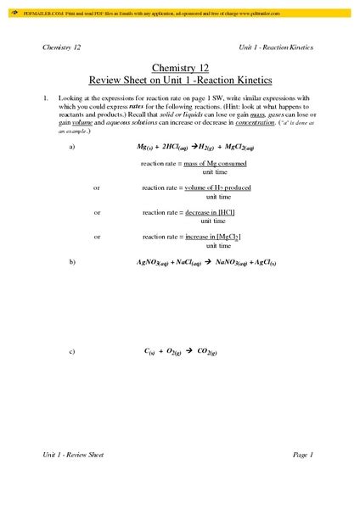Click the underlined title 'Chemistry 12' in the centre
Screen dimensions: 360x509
tap(179, 66)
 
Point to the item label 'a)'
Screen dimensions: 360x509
tap(72, 146)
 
